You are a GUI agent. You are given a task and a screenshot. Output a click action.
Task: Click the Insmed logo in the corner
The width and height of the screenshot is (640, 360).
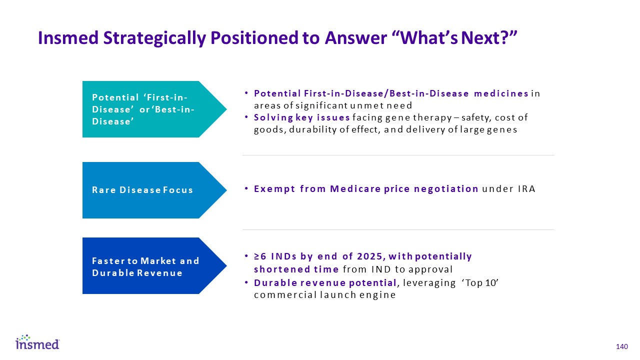37,342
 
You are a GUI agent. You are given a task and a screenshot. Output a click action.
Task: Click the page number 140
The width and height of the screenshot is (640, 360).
622,347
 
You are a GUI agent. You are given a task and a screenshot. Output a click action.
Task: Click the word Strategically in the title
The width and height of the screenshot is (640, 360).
154,38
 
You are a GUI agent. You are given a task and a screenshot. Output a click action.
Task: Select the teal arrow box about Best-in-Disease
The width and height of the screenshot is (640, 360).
154,109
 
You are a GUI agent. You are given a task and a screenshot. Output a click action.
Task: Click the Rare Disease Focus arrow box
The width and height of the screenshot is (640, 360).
154,190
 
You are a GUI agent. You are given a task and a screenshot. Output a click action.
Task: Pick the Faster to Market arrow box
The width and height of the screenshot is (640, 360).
154,265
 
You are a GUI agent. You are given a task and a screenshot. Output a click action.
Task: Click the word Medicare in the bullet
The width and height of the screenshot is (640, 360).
355,189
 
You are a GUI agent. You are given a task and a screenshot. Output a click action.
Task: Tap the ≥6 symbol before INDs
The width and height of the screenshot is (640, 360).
260,256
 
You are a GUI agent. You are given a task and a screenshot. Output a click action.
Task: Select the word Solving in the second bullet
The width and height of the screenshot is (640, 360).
273,117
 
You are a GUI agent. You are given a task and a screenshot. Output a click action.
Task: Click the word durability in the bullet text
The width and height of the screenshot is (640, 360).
313,129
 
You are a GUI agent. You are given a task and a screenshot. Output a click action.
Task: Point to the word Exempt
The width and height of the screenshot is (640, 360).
274,189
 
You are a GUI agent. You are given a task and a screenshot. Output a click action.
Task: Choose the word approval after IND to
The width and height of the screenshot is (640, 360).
430,269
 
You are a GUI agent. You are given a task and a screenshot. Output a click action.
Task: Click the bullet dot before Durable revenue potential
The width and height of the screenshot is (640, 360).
246,282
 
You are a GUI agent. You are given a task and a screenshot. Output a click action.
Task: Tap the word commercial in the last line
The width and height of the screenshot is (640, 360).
285,295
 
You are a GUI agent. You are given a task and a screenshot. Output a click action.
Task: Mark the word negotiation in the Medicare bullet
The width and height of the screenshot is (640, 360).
446,189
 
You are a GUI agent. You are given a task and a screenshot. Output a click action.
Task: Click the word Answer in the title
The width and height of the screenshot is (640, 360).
355,37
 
